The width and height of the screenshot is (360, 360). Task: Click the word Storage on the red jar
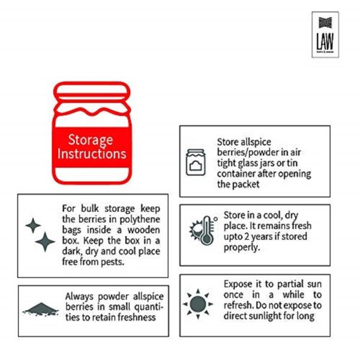90,140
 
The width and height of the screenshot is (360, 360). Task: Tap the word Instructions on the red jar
92,154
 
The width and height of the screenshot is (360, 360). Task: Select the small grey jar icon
196,162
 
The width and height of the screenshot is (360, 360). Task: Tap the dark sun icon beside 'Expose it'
197,304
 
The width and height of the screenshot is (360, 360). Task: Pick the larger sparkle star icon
45,242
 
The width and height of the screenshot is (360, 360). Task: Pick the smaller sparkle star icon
32,226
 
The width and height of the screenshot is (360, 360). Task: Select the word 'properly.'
243,247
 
